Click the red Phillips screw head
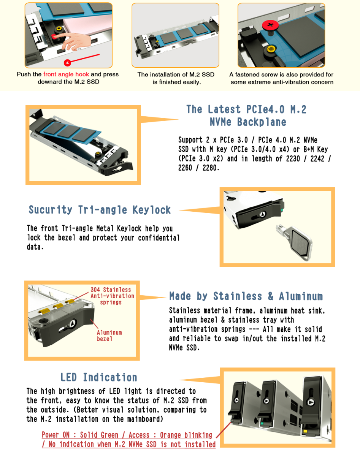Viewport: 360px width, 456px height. pos(270,25)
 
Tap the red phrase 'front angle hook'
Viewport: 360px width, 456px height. pos(66,74)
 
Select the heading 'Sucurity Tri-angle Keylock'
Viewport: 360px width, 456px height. pos(100,210)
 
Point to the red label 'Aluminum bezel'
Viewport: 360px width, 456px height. pos(109,336)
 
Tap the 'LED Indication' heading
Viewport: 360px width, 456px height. pos(99,377)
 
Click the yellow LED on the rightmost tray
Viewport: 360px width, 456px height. pos(305,431)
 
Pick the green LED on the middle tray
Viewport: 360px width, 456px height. pos(262,423)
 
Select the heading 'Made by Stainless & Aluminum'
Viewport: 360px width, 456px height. pos(246,296)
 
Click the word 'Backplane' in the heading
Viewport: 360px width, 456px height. pos(262,122)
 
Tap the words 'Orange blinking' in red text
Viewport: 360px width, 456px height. pos(186,435)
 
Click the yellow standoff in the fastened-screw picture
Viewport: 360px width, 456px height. pos(271,49)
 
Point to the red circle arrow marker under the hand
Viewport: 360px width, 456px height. pos(67,63)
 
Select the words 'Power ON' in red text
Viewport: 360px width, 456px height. pos(56,435)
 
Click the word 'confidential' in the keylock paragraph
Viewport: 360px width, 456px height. pos(159,238)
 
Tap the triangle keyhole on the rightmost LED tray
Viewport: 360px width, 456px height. pos(311,402)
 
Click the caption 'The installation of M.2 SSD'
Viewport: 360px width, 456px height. pos(176,74)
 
